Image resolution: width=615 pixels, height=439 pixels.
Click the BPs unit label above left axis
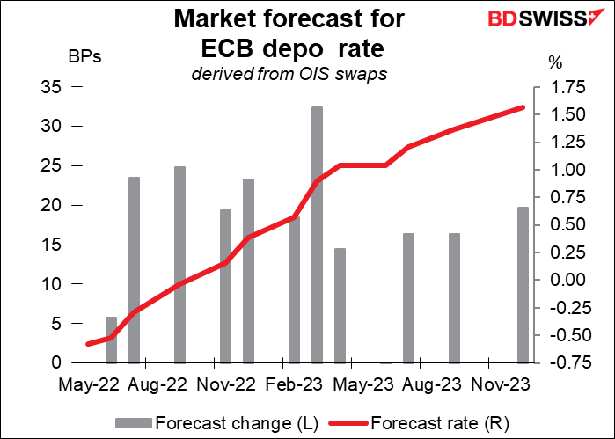[x=85, y=59]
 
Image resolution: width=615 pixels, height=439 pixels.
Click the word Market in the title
[x=219, y=18]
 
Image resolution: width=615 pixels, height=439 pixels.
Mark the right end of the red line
[x=523, y=107]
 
